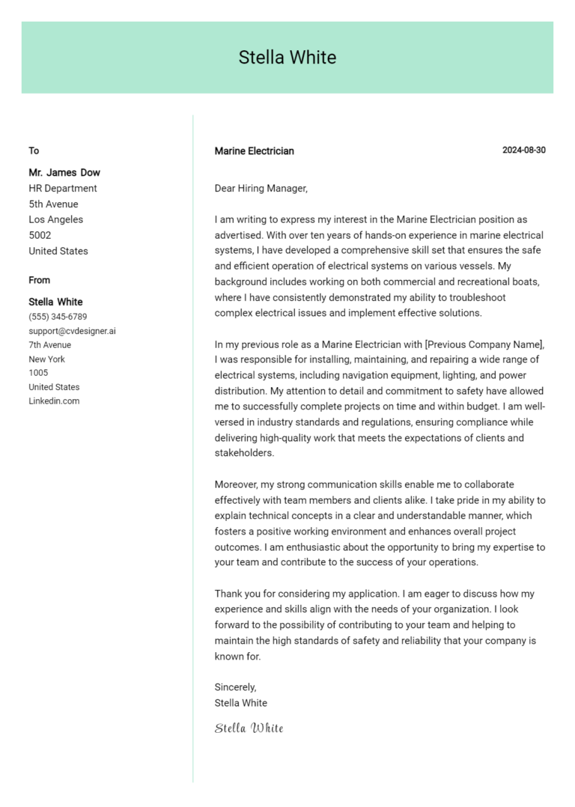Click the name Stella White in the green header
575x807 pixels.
pyautogui.click(x=287, y=58)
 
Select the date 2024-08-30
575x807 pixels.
pyautogui.click(x=523, y=150)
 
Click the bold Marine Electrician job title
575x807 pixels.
pyautogui.click(x=254, y=151)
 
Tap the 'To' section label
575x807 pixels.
pyautogui.click(x=34, y=151)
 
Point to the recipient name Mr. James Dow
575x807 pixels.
pyautogui.click(x=64, y=172)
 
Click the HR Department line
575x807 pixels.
pyautogui.click(x=63, y=189)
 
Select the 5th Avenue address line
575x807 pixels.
pyautogui.click(x=53, y=204)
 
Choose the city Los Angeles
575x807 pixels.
pyautogui.click(x=56, y=220)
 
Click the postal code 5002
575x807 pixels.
pyautogui.click(x=40, y=235)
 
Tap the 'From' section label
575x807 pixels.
pyautogui.click(x=40, y=281)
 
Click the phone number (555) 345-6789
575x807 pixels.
pyautogui.click(x=58, y=317)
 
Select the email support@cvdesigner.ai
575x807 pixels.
pyautogui.click(x=72, y=331)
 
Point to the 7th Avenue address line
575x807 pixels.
pyautogui.click(x=50, y=345)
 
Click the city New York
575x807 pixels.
pyautogui.click(x=46, y=359)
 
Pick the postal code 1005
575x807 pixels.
pyautogui.click(x=38, y=373)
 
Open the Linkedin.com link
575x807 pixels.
pyautogui.click(x=54, y=401)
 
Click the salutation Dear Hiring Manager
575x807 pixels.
pyautogui.click(x=261, y=189)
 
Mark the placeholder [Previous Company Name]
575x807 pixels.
pyautogui.click(x=484, y=344)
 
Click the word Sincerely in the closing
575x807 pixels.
pyautogui.click(x=235, y=687)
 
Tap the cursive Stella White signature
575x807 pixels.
pyautogui.click(x=249, y=728)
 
